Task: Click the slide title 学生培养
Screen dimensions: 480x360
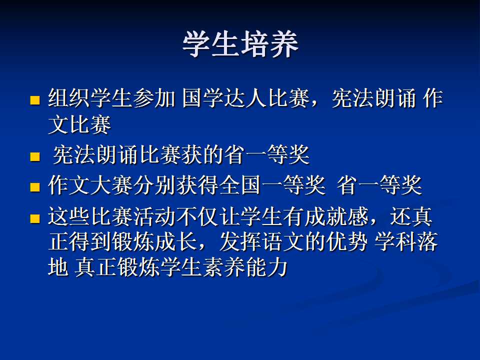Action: (240, 44)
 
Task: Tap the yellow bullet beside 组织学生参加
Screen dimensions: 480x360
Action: (35, 100)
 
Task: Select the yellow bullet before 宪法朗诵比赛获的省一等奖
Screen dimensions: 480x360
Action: (35, 156)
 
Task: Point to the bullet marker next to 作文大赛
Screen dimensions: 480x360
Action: (35, 187)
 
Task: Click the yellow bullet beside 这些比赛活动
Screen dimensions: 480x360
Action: (35, 218)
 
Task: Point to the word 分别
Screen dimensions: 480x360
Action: (154, 185)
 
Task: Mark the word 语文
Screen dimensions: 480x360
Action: (282, 242)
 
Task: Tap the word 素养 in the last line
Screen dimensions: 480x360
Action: (224, 267)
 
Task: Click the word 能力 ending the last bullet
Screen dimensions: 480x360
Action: (266, 267)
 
